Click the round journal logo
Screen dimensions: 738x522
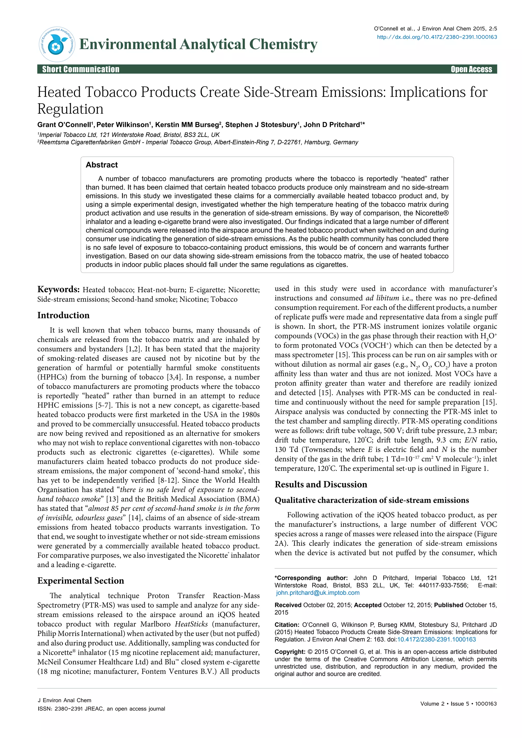(57, 44)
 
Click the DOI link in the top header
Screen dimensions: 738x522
(437, 37)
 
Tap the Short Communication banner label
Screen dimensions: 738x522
(81, 69)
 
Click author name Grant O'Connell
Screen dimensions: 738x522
(64, 125)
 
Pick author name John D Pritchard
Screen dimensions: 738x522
(332, 125)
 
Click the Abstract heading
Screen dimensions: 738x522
(102, 165)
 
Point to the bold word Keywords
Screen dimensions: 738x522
(58, 289)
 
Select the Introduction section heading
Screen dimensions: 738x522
(63, 315)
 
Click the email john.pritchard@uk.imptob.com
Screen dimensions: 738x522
(318, 592)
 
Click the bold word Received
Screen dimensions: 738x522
(288, 605)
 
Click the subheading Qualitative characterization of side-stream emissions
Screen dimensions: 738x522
(372, 500)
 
